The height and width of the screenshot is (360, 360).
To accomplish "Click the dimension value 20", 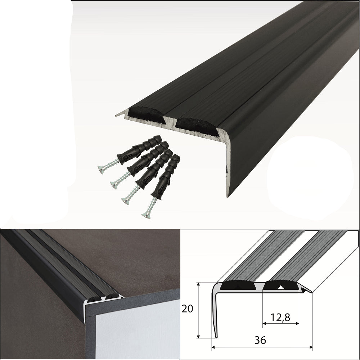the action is coord(187,309).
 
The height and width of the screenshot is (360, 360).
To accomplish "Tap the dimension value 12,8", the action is coord(280,317).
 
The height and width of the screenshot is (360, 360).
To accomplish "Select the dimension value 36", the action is coord(260,340).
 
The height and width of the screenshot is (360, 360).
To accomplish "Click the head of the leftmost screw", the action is coord(102,170).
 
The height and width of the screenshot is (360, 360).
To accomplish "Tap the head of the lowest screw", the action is coord(146,215).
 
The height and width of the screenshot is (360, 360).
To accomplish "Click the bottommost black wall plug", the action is coord(165,177).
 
